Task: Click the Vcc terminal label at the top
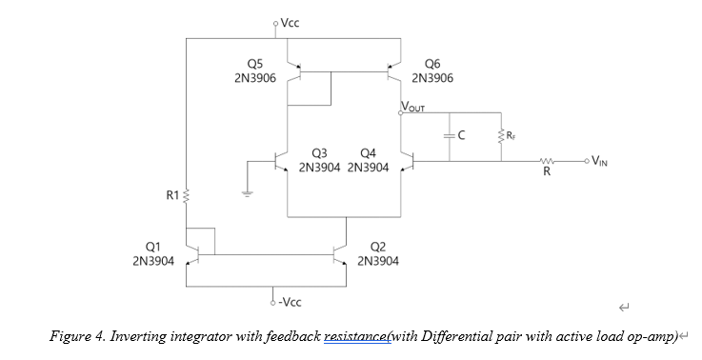click(291, 22)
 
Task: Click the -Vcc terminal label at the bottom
click(290, 302)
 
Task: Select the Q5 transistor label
click(254, 65)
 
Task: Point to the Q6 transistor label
click(431, 65)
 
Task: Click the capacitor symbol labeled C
click(449, 136)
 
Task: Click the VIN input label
click(598, 160)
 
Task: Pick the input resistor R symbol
click(547, 161)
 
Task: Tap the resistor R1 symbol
click(188, 196)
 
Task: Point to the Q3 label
click(319, 153)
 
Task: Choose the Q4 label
click(369, 153)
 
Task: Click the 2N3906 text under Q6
click(431, 78)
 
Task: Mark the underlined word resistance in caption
click(356, 336)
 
